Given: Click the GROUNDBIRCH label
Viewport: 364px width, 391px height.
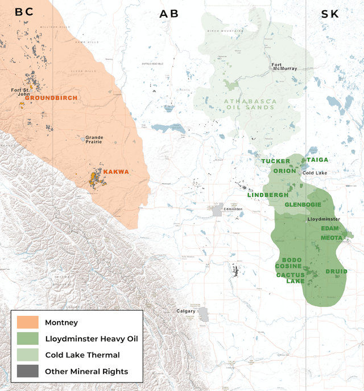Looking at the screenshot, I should pyautogui.click(x=51, y=98).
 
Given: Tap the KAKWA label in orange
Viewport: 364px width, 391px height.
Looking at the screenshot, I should pyautogui.click(x=116, y=171).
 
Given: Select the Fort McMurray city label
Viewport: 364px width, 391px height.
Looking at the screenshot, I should pyautogui.click(x=284, y=67).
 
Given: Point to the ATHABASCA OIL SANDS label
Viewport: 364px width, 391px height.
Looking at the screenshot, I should pyautogui.click(x=251, y=104).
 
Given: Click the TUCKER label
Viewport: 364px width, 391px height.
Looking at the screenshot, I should pyautogui.click(x=276, y=161).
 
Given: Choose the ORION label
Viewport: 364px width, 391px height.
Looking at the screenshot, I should pyautogui.click(x=285, y=171).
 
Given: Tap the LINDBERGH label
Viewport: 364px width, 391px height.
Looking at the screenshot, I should pyautogui.click(x=267, y=195).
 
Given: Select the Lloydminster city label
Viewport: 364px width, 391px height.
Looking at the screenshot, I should pyautogui.click(x=324, y=219).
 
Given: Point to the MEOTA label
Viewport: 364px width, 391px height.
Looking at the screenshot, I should pyautogui.click(x=331, y=237).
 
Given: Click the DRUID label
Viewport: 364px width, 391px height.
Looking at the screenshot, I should pyautogui.click(x=336, y=271).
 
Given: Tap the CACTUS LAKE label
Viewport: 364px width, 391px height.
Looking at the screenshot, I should pyautogui.click(x=291, y=278).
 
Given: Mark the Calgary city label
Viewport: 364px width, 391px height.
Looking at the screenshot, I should pyautogui.click(x=186, y=311).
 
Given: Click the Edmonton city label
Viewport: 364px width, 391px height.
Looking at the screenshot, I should pyautogui.click(x=233, y=209).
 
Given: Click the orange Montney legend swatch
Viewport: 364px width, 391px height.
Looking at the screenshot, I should pyautogui.click(x=27, y=323).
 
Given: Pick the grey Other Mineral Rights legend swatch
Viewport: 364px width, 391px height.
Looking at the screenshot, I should pyautogui.click(x=27, y=371).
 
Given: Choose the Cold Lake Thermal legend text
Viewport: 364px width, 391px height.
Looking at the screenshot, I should pyautogui.click(x=82, y=355).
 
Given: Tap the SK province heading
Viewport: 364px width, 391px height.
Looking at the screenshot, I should pyautogui.click(x=330, y=14).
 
